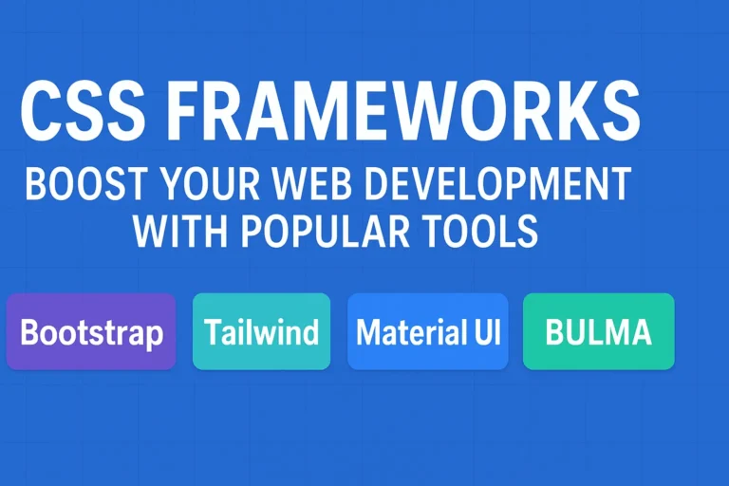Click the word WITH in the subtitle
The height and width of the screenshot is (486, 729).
178,231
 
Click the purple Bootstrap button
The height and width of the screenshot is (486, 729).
91,331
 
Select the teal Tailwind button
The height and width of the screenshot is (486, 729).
261,331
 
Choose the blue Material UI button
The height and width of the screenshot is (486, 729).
428,331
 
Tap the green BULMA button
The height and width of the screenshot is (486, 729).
598,331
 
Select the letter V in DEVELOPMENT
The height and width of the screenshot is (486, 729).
442,184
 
